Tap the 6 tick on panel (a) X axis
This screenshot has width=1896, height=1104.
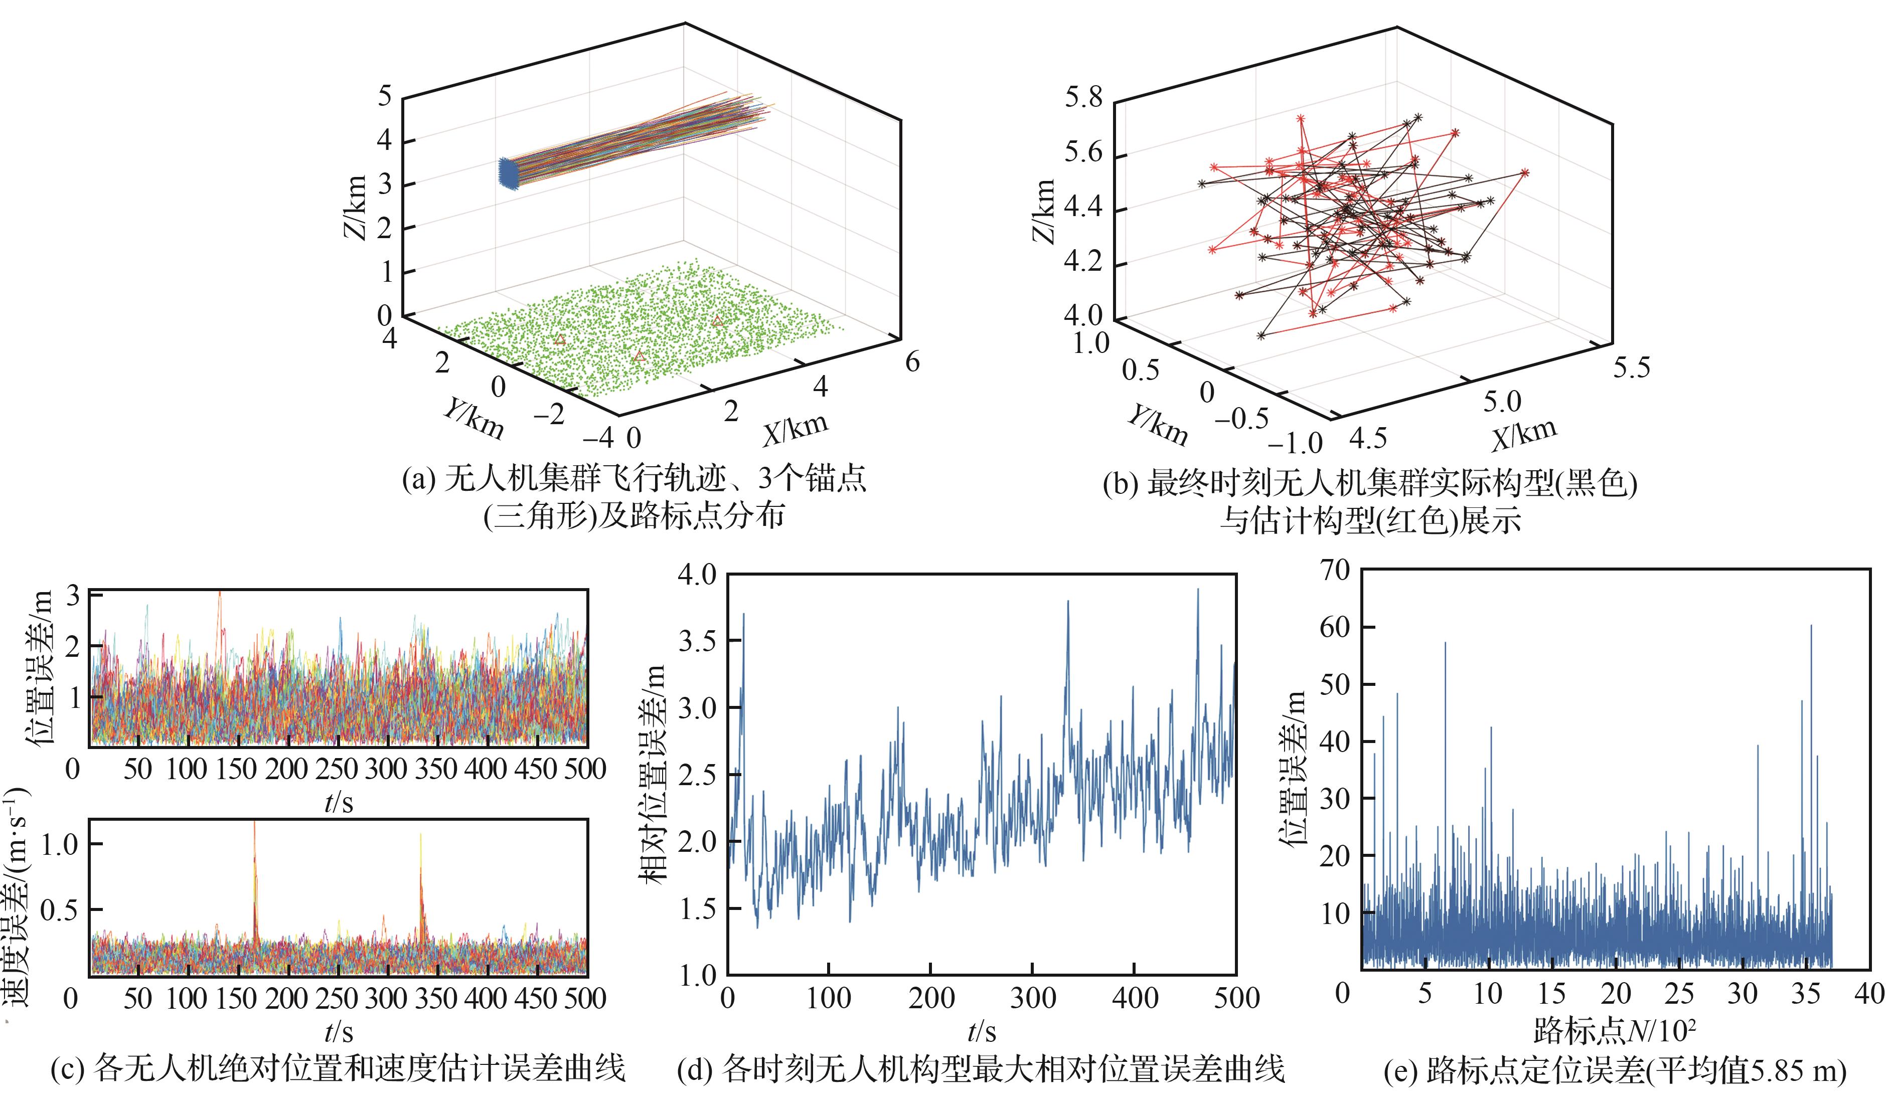coord(912,362)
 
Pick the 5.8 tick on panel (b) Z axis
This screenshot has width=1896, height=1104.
coord(1082,98)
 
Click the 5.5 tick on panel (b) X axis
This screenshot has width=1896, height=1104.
coord(1631,367)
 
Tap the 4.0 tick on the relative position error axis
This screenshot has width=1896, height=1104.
coord(697,576)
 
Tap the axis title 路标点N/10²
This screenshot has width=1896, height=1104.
coord(1614,1031)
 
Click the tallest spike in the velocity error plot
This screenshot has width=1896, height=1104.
coord(254,823)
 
